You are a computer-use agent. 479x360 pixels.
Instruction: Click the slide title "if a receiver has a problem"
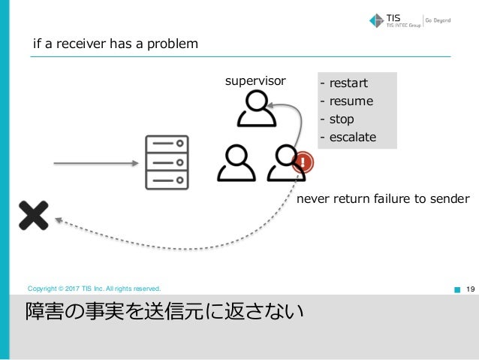[115, 44]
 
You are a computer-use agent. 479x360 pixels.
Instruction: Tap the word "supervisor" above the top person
[255, 80]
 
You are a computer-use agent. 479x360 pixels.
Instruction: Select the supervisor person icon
[257, 110]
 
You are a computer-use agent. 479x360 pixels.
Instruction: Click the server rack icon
[166, 163]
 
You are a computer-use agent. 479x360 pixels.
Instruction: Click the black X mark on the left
[33, 215]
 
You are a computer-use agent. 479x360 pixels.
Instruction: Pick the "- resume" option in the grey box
[346, 101]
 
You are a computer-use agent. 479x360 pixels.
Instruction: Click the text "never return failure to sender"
[383, 199]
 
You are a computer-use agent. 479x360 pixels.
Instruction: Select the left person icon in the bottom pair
[236, 164]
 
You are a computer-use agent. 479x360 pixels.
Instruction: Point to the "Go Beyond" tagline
[439, 20]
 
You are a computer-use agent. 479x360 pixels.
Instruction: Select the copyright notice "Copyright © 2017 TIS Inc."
[94, 288]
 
